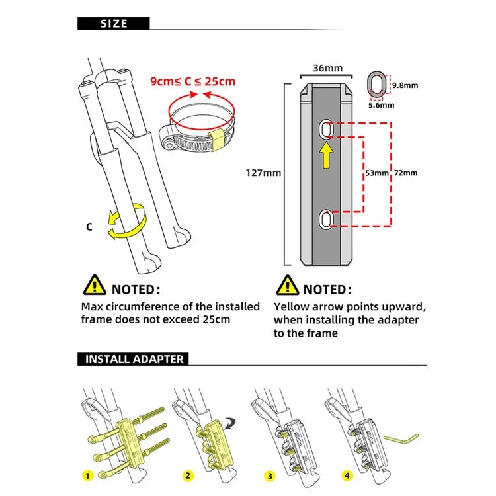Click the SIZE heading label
point(114,24)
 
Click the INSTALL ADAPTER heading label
point(134,359)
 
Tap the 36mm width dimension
point(328,68)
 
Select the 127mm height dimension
point(263,173)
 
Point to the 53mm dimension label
point(377,173)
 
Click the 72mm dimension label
point(406,173)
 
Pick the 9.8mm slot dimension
point(405,85)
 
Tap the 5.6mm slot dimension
point(382,105)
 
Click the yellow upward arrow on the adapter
point(327,155)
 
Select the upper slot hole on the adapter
point(326,129)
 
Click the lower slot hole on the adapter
point(326,219)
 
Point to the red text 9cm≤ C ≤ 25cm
point(192,81)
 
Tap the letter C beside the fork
point(89,227)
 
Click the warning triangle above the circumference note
point(95,285)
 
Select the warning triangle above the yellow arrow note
point(287,285)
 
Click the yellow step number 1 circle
point(87,475)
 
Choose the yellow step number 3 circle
point(270,476)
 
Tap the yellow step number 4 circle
point(347,475)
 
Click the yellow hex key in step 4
point(401,440)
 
